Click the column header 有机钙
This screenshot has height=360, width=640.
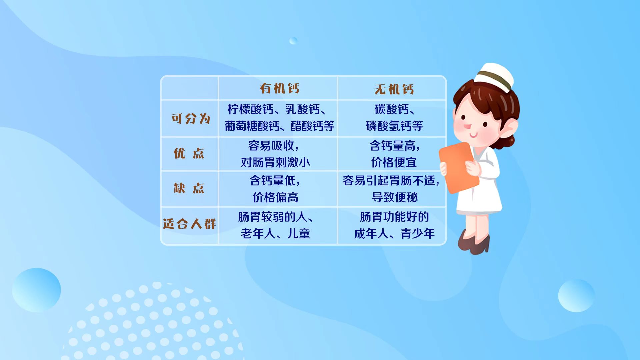(x=280, y=88)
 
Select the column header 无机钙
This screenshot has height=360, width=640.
(x=394, y=89)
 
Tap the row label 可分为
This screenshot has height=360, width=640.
(x=191, y=118)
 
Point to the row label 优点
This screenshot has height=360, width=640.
(x=189, y=153)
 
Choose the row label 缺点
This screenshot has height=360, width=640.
(x=189, y=188)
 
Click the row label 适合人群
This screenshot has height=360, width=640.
(x=189, y=224)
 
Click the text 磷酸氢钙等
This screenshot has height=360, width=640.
(x=394, y=126)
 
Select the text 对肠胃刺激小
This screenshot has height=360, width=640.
(x=275, y=162)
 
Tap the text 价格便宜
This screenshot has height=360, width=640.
(x=394, y=162)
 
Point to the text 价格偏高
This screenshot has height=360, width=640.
(x=275, y=197)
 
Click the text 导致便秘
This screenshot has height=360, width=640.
(x=395, y=197)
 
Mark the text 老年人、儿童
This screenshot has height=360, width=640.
(x=275, y=234)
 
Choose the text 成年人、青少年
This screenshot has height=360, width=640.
(x=394, y=234)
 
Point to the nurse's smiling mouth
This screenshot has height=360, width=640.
(x=473, y=135)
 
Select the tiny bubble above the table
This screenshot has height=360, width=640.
(x=293, y=41)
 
